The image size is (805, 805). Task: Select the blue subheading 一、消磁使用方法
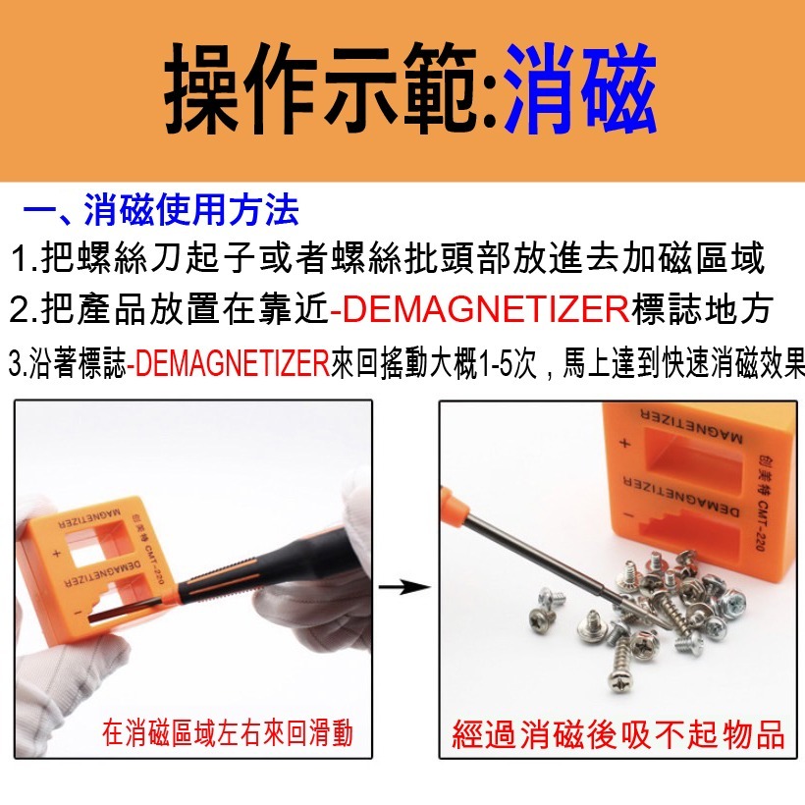(x=161, y=211)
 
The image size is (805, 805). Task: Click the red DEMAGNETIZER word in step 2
(x=479, y=309)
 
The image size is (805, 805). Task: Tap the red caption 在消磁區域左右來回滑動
(x=227, y=732)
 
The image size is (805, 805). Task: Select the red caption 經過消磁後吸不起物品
(x=618, y=734)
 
